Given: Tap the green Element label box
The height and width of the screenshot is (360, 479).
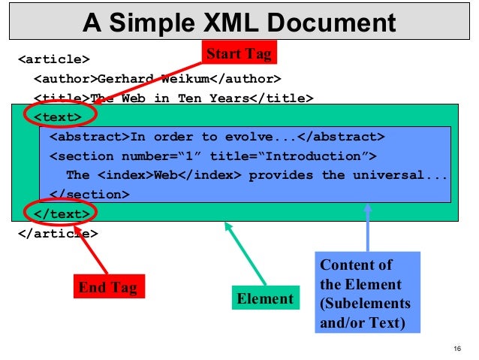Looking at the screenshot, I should coord(265,298).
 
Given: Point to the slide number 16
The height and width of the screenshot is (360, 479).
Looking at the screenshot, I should coord(456,348).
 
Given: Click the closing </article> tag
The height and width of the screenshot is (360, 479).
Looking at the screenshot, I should coord(58,233).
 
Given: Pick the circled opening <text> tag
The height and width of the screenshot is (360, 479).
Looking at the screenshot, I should coord(58,117).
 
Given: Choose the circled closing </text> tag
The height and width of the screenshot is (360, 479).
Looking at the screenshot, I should coord(62,213).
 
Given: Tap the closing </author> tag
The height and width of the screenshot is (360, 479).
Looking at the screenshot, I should coord(247,78).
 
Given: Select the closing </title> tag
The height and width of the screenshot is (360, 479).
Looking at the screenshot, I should coord(280,98).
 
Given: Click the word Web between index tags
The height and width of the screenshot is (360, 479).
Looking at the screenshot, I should coord(166,175).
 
